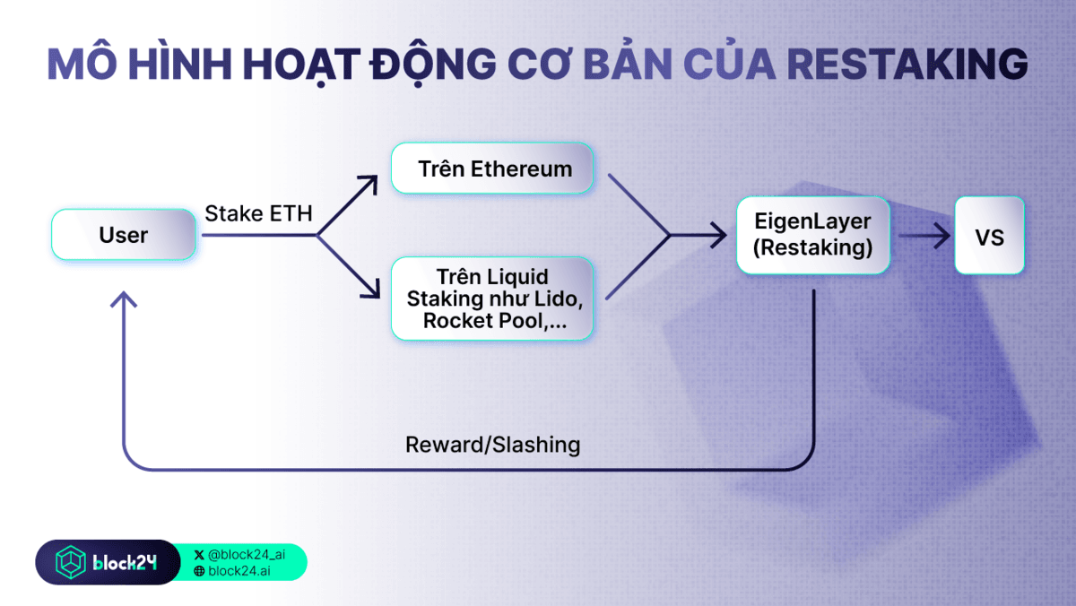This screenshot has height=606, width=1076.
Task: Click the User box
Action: tap(124, 235)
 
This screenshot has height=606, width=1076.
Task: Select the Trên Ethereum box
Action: tap(492, 169)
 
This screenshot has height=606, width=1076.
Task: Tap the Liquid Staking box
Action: tap(492, 299)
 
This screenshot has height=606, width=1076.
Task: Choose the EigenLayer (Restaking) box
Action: tap(812, 235)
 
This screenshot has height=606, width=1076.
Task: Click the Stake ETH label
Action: tap(258, 214)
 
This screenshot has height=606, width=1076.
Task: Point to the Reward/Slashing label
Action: tap(492, 445)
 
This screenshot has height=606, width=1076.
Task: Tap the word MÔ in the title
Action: tap(77, 65)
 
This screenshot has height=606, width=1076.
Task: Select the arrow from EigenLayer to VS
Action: tap(924, 236)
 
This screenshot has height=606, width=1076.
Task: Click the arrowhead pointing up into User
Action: tap(124, 299)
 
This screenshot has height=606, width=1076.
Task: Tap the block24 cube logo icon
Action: tap(70, 563)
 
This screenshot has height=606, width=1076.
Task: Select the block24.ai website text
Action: tap(239, 571)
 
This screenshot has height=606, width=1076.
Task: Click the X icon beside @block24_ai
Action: tap(199, 555)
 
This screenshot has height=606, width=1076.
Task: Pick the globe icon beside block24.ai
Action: tap(199, 571)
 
